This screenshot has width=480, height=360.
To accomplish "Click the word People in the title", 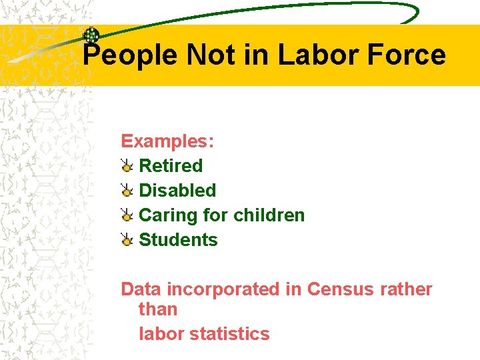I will tap(130, 55).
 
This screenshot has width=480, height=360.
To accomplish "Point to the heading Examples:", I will tap(167, 141).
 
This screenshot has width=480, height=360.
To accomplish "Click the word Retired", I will tap(171, 165).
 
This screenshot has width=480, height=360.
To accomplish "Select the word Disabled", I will tap(177, 190).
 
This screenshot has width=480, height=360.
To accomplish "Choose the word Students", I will tap(178, 239).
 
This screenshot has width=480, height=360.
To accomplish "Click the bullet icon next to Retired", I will tap(127, 165).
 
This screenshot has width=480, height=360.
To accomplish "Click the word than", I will tap(158, 309).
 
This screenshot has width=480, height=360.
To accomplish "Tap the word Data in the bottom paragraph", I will tap(141, 289).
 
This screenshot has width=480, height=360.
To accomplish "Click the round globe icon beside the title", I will tap(91, 36).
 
